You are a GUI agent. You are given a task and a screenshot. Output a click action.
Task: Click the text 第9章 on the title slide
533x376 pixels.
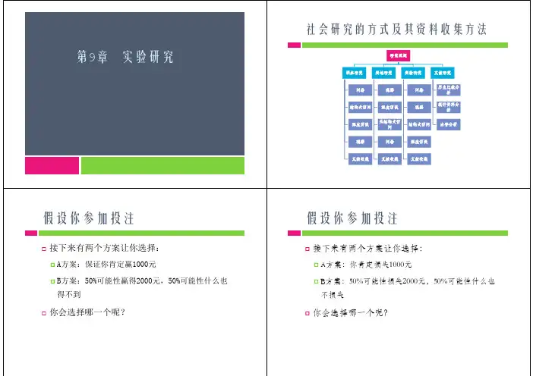coord(93,57)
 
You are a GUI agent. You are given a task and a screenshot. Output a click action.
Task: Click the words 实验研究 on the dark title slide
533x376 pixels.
coord(147,57)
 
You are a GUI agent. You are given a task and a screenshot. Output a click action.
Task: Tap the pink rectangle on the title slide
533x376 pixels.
coord(52,165)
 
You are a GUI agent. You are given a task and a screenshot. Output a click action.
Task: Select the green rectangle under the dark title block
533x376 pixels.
coord(162,165)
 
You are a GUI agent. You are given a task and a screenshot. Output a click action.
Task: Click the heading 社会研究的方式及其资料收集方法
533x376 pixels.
coord(396,30)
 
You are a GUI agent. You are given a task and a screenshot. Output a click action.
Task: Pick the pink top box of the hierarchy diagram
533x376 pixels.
coord(398,56)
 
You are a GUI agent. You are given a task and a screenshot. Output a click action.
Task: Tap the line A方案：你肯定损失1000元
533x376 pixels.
coord(367,264)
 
